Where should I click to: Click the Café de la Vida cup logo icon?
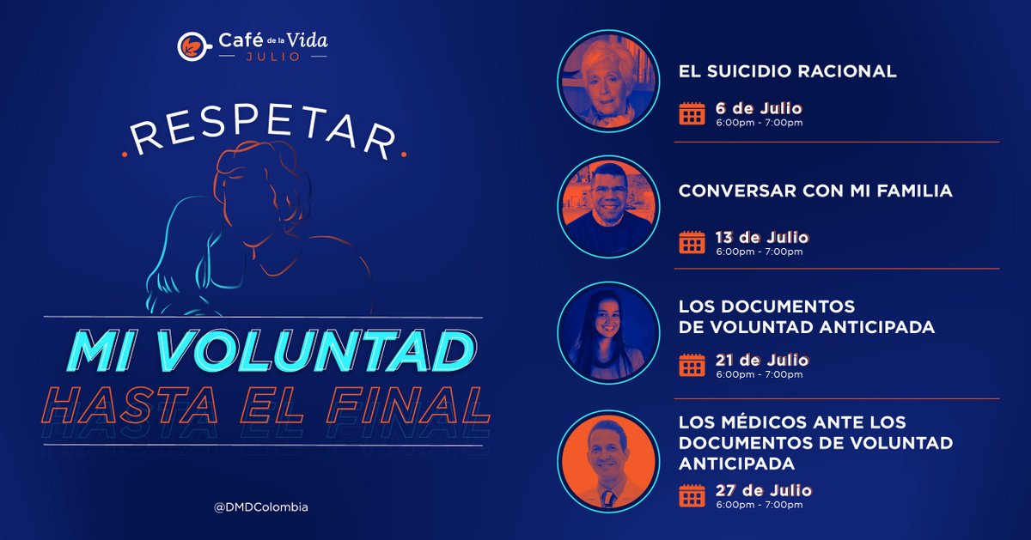[190, 46]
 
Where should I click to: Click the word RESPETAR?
[263, 137]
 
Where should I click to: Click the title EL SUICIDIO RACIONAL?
[788, 72]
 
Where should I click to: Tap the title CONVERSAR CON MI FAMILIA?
[815, 191]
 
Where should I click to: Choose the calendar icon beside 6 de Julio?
[692, 113]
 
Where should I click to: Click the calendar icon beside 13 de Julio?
[692, 242]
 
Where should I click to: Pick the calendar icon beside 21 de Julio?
[692, 366]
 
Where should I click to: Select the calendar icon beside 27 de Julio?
[692, 495]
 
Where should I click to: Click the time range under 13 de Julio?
[760, 252]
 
